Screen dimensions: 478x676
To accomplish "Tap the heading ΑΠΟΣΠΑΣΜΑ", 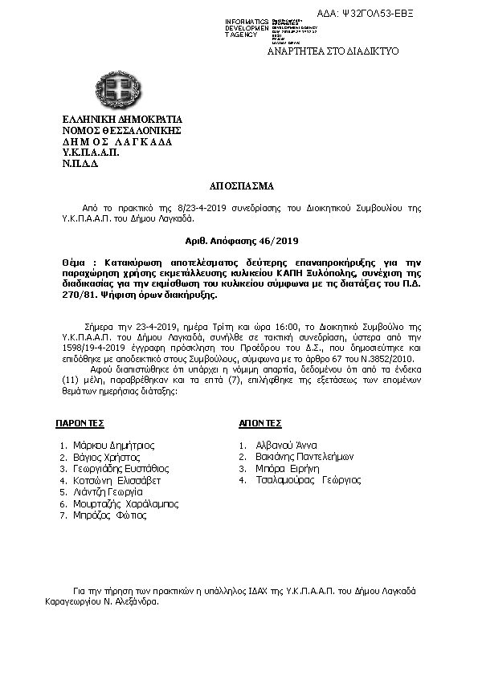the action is click(x=239, y=185).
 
